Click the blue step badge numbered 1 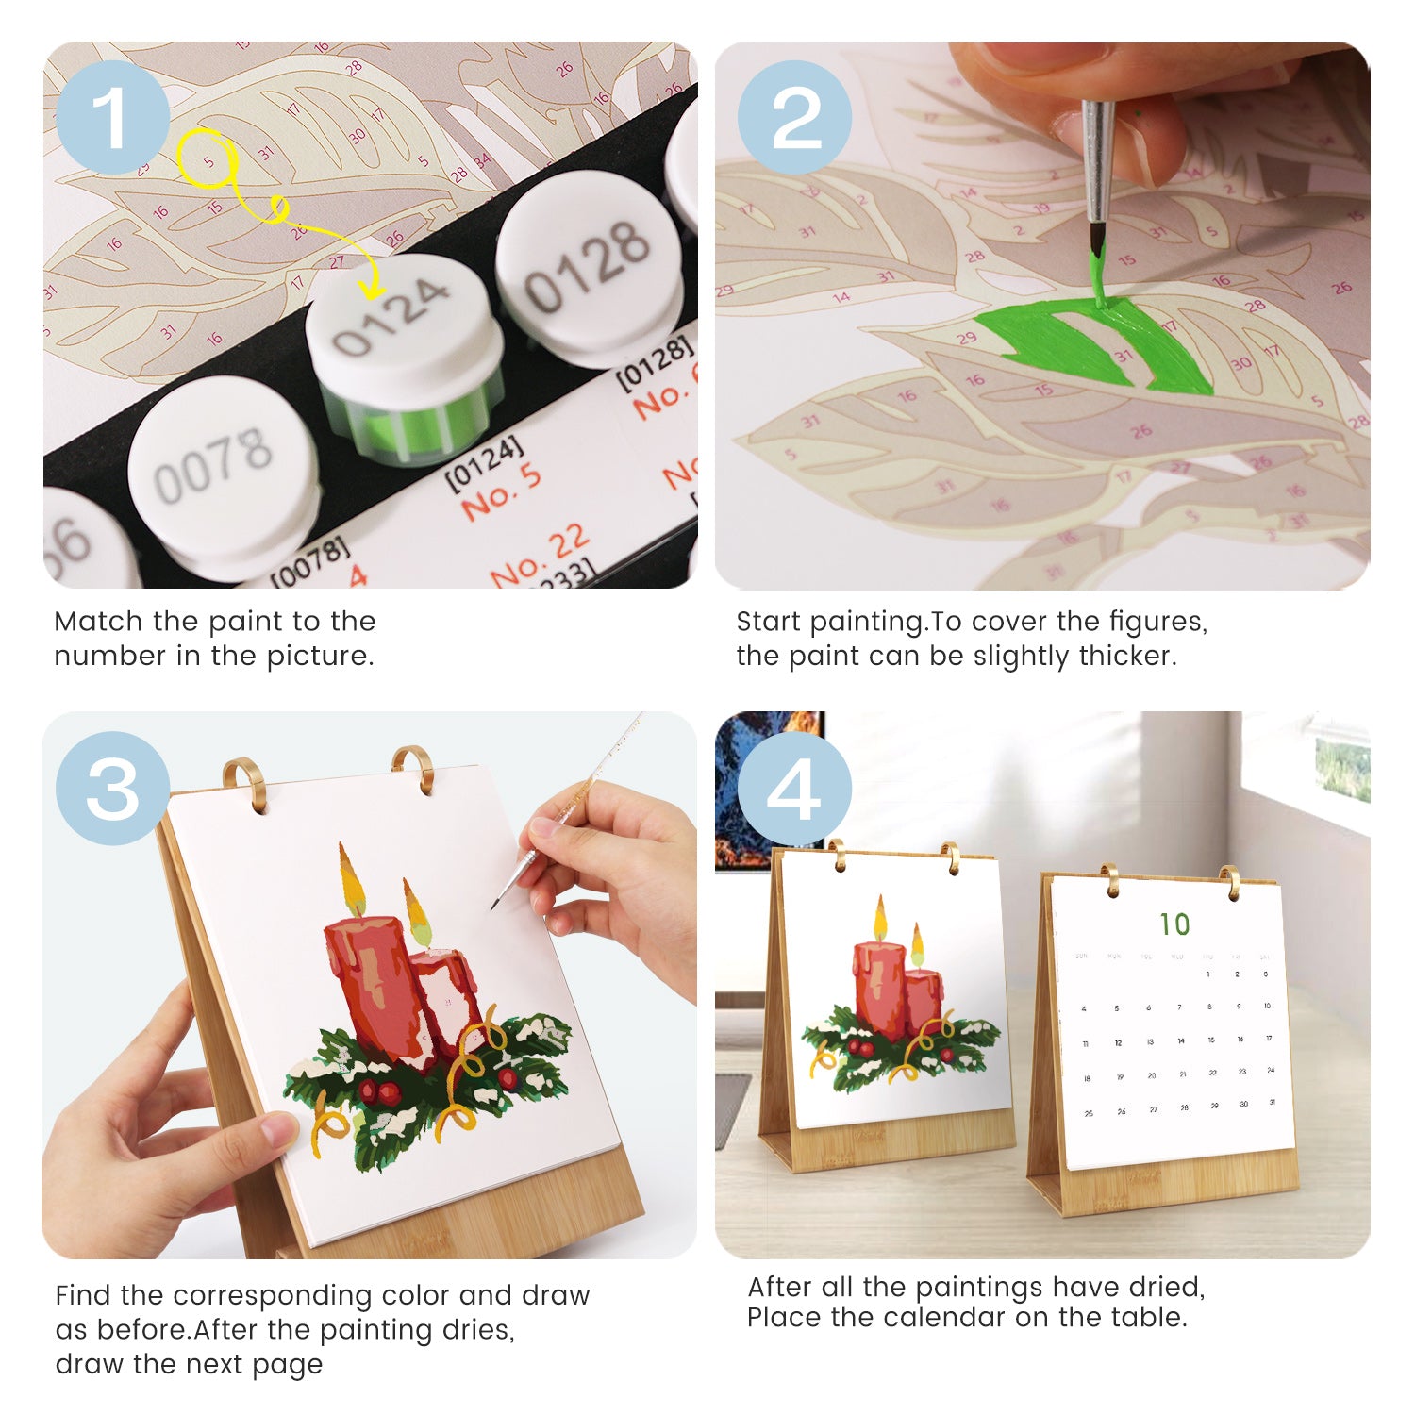click(x=112, y=117)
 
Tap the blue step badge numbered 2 click(x=794, y=117)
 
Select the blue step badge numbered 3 click(x=112, y=788)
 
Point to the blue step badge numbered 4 click(x=794, y=788)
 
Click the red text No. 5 click(x=501, y=491)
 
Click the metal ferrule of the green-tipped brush click(x=1097, y=160)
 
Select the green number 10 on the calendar click(x=1174, y=924)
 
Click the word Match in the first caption click(x=99, y=622)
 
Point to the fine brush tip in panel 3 click(x=494, y=907)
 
